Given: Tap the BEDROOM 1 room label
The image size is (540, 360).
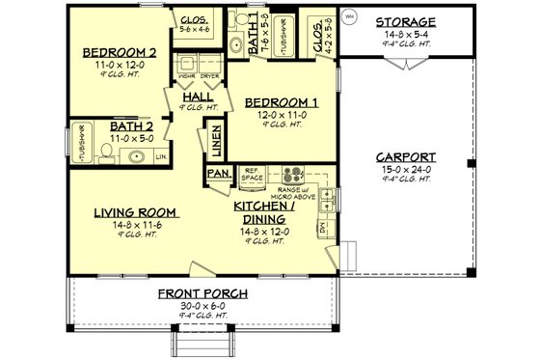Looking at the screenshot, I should (x=281, y=101).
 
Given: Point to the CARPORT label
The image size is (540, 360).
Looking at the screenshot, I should (x=405, y=157).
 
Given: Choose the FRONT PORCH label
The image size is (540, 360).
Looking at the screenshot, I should (x=204, y=293).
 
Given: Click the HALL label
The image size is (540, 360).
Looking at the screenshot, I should (x=198, y=97).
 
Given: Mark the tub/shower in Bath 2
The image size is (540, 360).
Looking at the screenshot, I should (x=81, y=143).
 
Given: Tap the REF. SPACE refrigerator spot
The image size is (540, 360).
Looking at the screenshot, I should (x=254, y=175).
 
